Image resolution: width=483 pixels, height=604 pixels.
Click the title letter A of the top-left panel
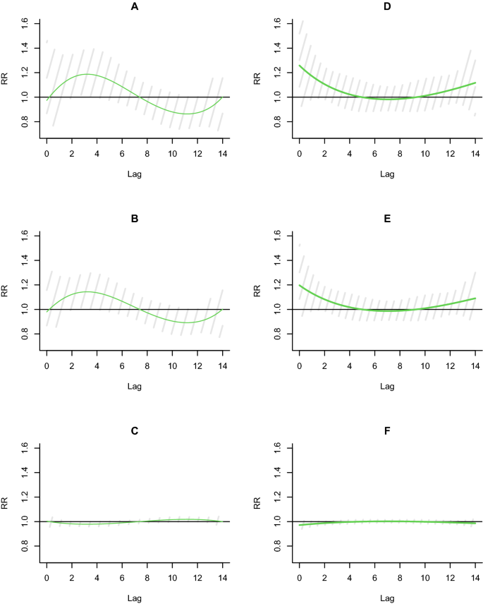click(134, 6)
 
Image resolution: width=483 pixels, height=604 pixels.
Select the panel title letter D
click(387, 6)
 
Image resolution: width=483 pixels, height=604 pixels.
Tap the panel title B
click(134, 219)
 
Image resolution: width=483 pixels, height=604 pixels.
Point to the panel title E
click(387, 219)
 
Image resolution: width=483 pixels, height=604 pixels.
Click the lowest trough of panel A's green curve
click(186, 114)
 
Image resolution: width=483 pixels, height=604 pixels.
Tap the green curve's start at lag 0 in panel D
click(300, 66)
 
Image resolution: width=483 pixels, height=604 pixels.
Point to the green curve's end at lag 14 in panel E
click(475, 298)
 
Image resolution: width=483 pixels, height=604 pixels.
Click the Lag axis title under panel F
click(387, 597)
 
